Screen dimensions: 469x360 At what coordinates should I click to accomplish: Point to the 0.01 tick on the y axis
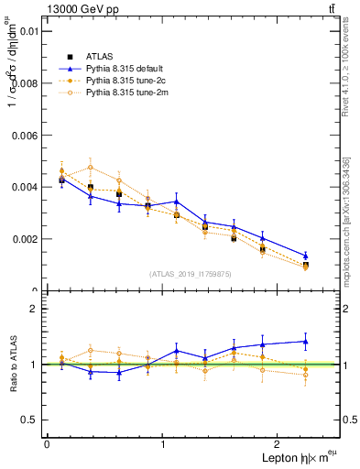point(27,30)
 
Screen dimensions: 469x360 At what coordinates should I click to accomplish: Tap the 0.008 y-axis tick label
point(23,82)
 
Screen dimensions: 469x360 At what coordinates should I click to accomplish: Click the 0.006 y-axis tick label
point(23,135)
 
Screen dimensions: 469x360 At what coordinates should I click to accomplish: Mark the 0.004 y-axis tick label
point(23,187)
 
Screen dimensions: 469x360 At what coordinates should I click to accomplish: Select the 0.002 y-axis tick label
point(23,239)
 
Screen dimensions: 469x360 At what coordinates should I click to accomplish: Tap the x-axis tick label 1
point(163,444)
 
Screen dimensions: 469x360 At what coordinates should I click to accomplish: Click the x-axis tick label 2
point(279,444)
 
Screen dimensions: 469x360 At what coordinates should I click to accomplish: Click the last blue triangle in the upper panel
point(306,256)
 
